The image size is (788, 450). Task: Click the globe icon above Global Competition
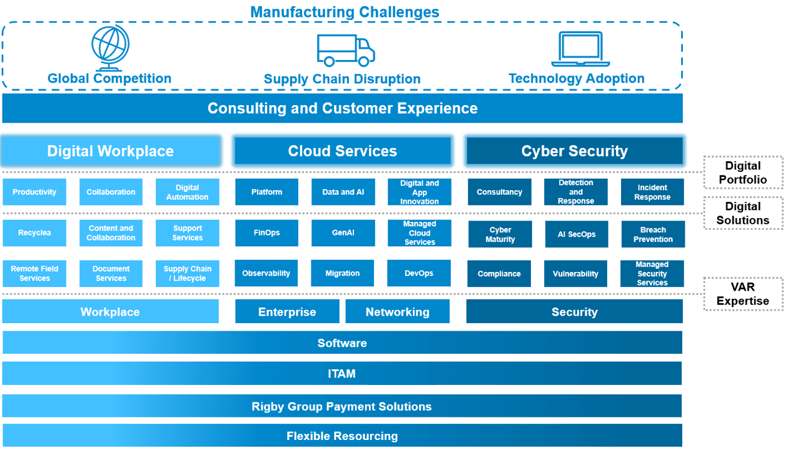[111, 47]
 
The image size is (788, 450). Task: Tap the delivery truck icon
[346, 50]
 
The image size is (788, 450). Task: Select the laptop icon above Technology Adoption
[580, 49]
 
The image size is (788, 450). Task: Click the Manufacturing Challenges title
[345, 12]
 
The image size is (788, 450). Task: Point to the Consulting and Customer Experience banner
[342, 108]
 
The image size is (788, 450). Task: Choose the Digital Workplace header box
[111, 151]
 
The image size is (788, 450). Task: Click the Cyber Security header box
[575, 151]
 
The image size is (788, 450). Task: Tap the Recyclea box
[34, 232]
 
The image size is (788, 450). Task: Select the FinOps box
[266, 232]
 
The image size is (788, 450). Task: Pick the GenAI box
[343, 232]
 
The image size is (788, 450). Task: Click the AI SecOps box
[577, 234]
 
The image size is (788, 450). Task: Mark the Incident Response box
[652, 192]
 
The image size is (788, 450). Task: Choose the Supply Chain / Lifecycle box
[188, 274]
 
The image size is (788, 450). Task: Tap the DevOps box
[419, 273]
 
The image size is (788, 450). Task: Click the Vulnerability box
[575, 274]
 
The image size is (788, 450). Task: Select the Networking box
[398, 311]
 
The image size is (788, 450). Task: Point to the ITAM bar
[342, 373]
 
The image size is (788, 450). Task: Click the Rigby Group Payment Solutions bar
[342, 406]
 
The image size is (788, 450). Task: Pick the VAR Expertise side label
[743, 294]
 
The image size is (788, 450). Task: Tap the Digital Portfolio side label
[743, 172]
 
